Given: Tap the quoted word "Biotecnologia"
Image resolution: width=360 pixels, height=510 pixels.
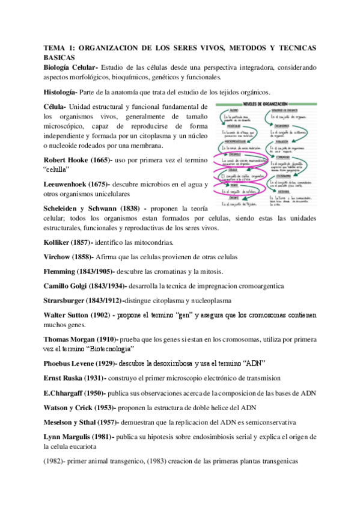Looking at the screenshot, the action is point(106,349).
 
